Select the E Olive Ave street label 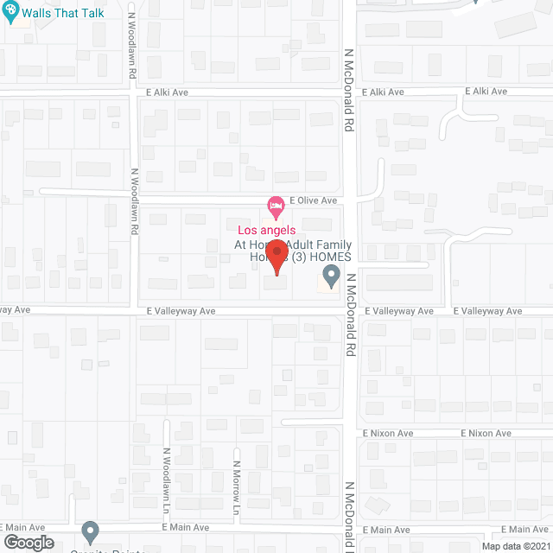click(x=313, y=200)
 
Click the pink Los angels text click(x=267, y=230)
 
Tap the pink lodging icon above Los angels click(x=276, y=207)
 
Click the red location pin click(x=276, y=257)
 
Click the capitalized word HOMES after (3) click(x=327, y=257)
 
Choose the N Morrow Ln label click(x=235, y=480)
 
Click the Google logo click(x=28, y=542)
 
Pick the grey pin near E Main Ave click(x=90, y=531)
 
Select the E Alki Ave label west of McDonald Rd click(x=168, y=92)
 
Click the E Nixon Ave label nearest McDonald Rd click(x=388, y=433)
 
